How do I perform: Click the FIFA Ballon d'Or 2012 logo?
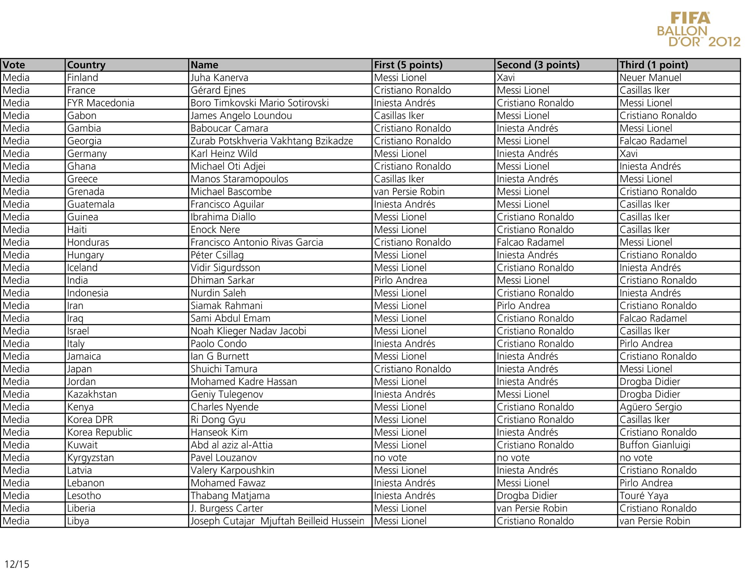click(x=698, y=30)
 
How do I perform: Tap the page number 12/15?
click(x=17, y=564)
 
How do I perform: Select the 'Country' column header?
click(x=86, y=65)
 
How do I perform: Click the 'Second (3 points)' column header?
click(x=538, y=65)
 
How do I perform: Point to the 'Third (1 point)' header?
click(x=654, y=65)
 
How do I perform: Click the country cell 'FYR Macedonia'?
click(x=101, y=103)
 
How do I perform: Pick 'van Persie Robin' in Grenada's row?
click(x=409, y=192)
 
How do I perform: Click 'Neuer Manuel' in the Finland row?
click(x=650, y=77)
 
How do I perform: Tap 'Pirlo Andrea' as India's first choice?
click(x=400, y=280)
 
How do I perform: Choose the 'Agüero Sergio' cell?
click(x=650, y=407)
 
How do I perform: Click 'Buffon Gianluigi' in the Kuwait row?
click(x=655, y=445)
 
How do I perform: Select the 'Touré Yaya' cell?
click(x=644, y=496)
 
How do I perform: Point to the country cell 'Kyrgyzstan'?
click(x=90, y=458)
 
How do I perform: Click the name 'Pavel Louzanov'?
click(x=224, y=458)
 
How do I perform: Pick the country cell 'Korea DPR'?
click(x=90, y=420)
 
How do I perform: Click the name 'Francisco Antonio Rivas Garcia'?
click(x=257, y=242)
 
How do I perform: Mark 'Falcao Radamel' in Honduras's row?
click(x=530, y=242)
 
